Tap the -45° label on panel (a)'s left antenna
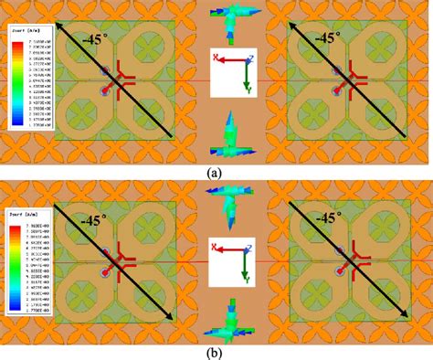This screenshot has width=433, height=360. tap(90, 38)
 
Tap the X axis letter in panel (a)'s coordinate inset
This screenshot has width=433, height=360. tap(216, 58)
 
